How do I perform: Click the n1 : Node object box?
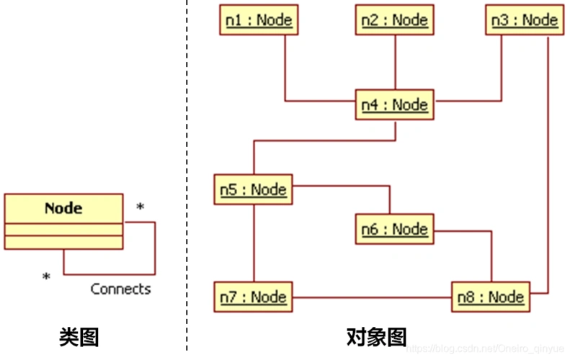click(259, 20)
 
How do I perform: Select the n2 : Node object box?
click(394, 20)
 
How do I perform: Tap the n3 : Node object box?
click(524, 20)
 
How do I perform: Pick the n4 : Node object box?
click(394, 105)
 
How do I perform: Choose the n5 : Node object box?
click(253, 190)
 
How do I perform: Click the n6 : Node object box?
click(394, 229)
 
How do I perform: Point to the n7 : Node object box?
click(253, 297)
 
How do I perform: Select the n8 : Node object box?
click(491, 297)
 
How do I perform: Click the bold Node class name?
click(63, 208)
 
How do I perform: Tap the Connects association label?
click(120, 289)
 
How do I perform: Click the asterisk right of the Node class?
click(140, 208)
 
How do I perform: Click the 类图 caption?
click(79, 336)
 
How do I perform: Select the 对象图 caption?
click(376, 336)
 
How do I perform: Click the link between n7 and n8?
click(372, 297)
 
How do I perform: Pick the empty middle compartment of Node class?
click(63, 230)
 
